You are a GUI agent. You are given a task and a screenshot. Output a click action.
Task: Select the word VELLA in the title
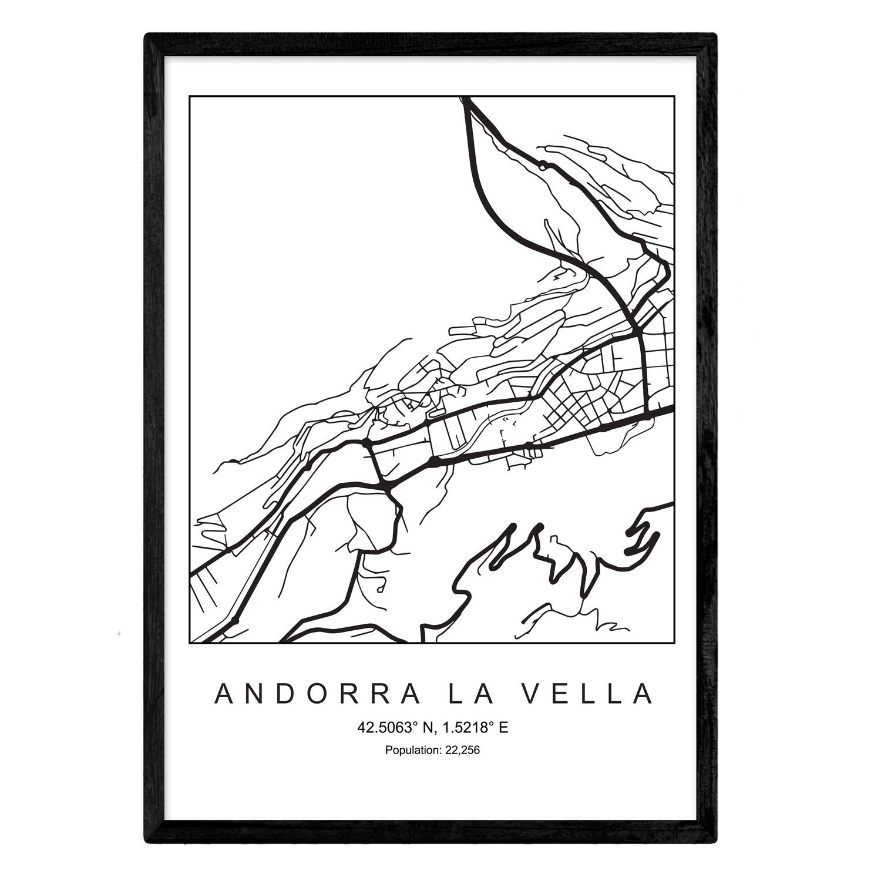click(x=587, y=692)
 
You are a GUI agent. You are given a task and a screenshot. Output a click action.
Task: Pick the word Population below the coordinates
click(x=410, y=750)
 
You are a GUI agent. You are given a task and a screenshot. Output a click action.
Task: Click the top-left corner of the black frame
click(x=146, y=36)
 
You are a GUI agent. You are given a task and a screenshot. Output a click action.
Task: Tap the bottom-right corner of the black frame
click(x=715, y=841)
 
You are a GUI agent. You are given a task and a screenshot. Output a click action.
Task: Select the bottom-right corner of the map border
click(x=674, y=643)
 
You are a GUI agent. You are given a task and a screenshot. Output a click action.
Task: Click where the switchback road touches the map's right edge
click(x=672, y=504)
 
